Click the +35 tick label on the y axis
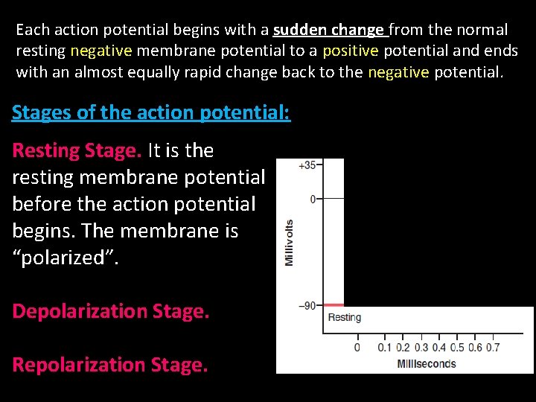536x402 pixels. [307, 165]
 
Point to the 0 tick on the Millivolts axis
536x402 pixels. [313, 199]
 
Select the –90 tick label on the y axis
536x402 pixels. [306, 305]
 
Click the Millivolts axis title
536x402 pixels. [289, 242]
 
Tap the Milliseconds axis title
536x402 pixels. [427, 363]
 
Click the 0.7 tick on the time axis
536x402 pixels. [492, 347]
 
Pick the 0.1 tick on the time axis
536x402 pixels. [384, 347]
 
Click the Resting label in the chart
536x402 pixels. [345, 317]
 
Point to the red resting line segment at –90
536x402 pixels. [334, 305]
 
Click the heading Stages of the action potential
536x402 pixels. [151, 113]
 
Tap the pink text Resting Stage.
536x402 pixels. [77, 150]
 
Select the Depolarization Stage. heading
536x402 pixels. [111, 311]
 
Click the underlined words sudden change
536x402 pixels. [328, 31]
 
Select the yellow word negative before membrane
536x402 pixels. [101, 51]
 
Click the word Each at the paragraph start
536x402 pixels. [31, 31]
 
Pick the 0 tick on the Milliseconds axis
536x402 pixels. [357, 347]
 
